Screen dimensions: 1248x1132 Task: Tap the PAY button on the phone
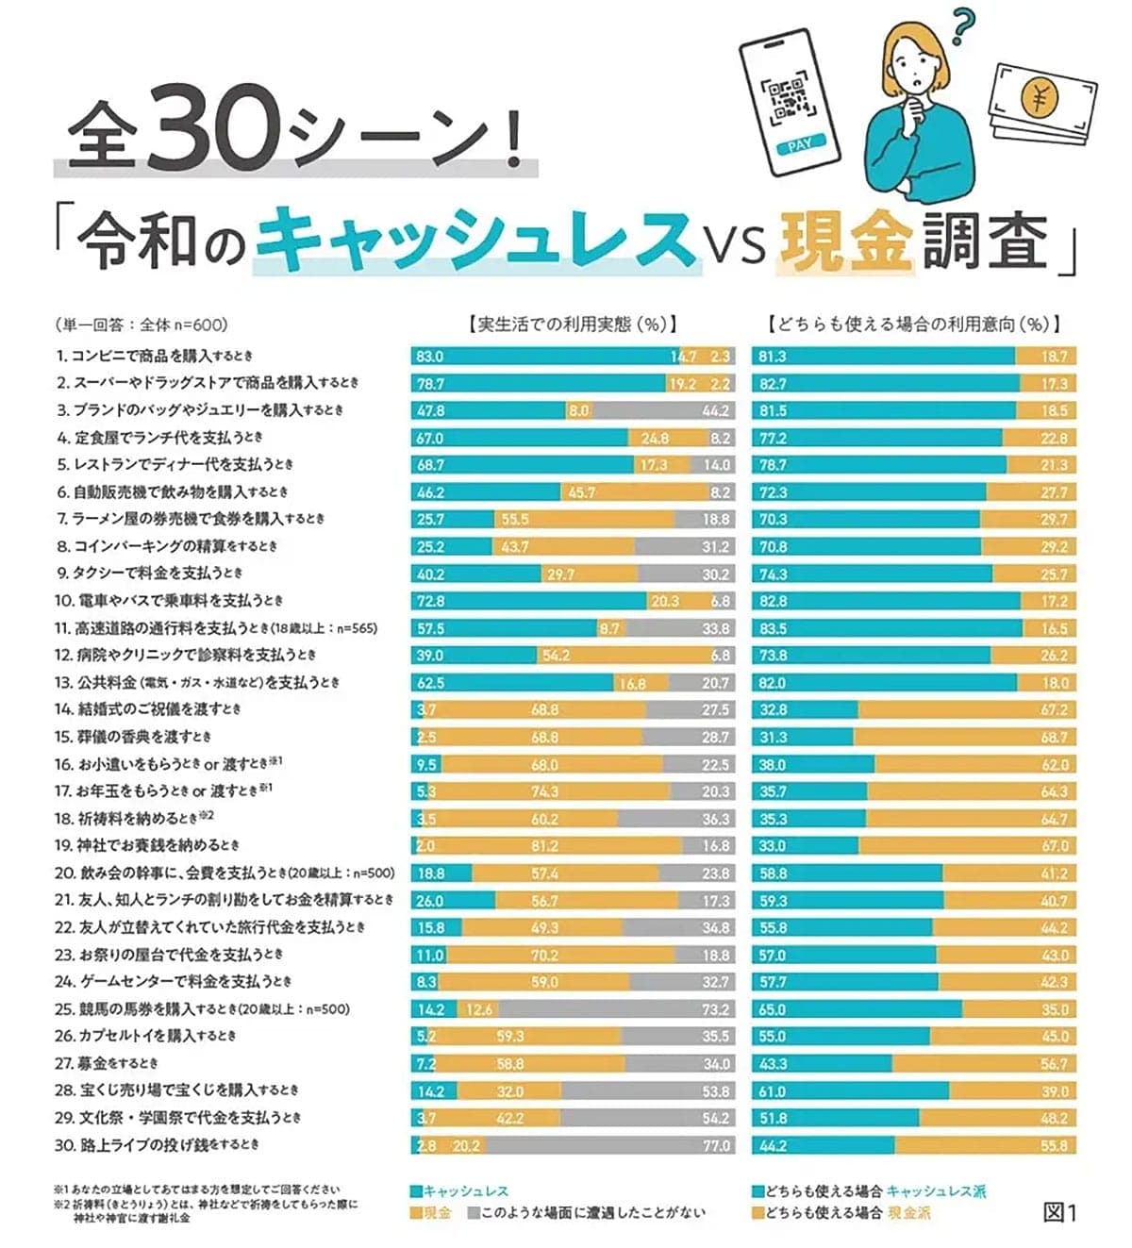click(799, 145)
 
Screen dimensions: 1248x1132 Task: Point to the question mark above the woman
click(961, 25)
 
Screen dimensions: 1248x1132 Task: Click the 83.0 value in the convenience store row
click(430, 357)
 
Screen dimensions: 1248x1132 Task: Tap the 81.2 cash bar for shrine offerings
click(544, 846)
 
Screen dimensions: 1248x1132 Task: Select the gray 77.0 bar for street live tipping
click(609, 1145)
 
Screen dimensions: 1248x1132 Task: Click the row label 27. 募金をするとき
click(106, 1063)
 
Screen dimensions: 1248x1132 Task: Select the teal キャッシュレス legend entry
click(459, 1191)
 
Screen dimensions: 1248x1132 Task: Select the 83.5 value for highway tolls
click(773, 628)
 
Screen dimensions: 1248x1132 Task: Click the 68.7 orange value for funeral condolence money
click(1054, 737)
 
